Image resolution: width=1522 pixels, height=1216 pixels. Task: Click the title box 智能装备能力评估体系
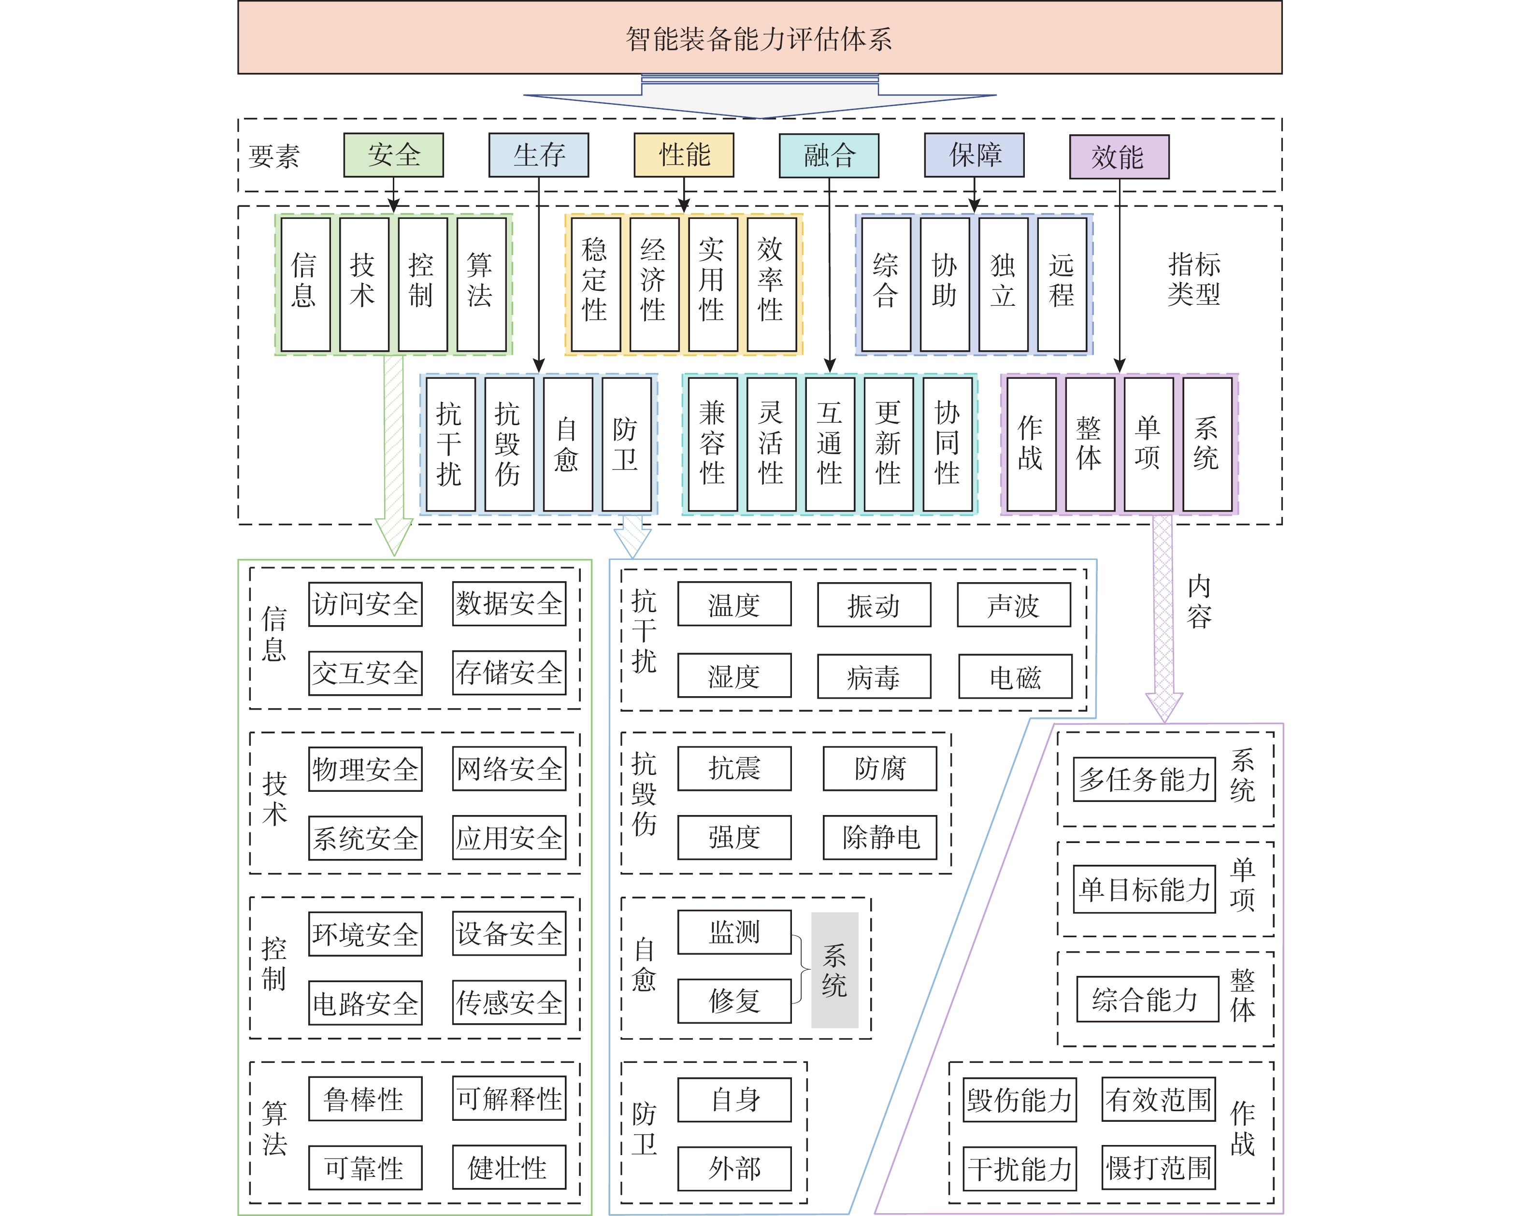point(760,38)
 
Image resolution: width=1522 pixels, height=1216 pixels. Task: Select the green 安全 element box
point(393,155)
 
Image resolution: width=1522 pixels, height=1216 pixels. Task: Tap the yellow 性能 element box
point(683,155)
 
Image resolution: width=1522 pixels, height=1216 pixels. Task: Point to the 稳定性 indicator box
point(595,284)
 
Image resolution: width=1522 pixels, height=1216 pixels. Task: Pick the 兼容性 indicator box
point(712,444)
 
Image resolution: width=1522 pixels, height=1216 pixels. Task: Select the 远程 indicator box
point(1061,284)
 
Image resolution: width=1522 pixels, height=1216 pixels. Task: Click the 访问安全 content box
point(365,604)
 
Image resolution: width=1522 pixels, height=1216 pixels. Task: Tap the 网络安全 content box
point(509,769)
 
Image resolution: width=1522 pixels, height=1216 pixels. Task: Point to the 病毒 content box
point(874,677)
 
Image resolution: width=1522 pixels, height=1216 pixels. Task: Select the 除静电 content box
point(879,838)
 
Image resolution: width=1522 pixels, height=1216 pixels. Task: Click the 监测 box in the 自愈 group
point(734,932)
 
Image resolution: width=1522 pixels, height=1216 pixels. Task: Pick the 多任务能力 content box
point(1144,780)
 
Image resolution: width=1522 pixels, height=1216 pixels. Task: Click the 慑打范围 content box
point(1159,1168)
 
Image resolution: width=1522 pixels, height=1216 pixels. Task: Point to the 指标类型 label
point(1194,279)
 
